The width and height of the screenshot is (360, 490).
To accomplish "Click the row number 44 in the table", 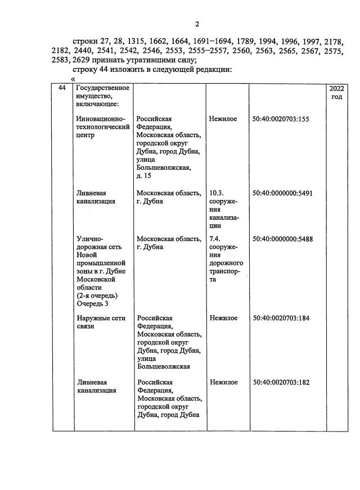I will tap(62, 89).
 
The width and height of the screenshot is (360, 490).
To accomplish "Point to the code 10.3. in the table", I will tap(217, 193).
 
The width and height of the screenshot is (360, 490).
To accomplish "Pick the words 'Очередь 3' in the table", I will tap(93, 303).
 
